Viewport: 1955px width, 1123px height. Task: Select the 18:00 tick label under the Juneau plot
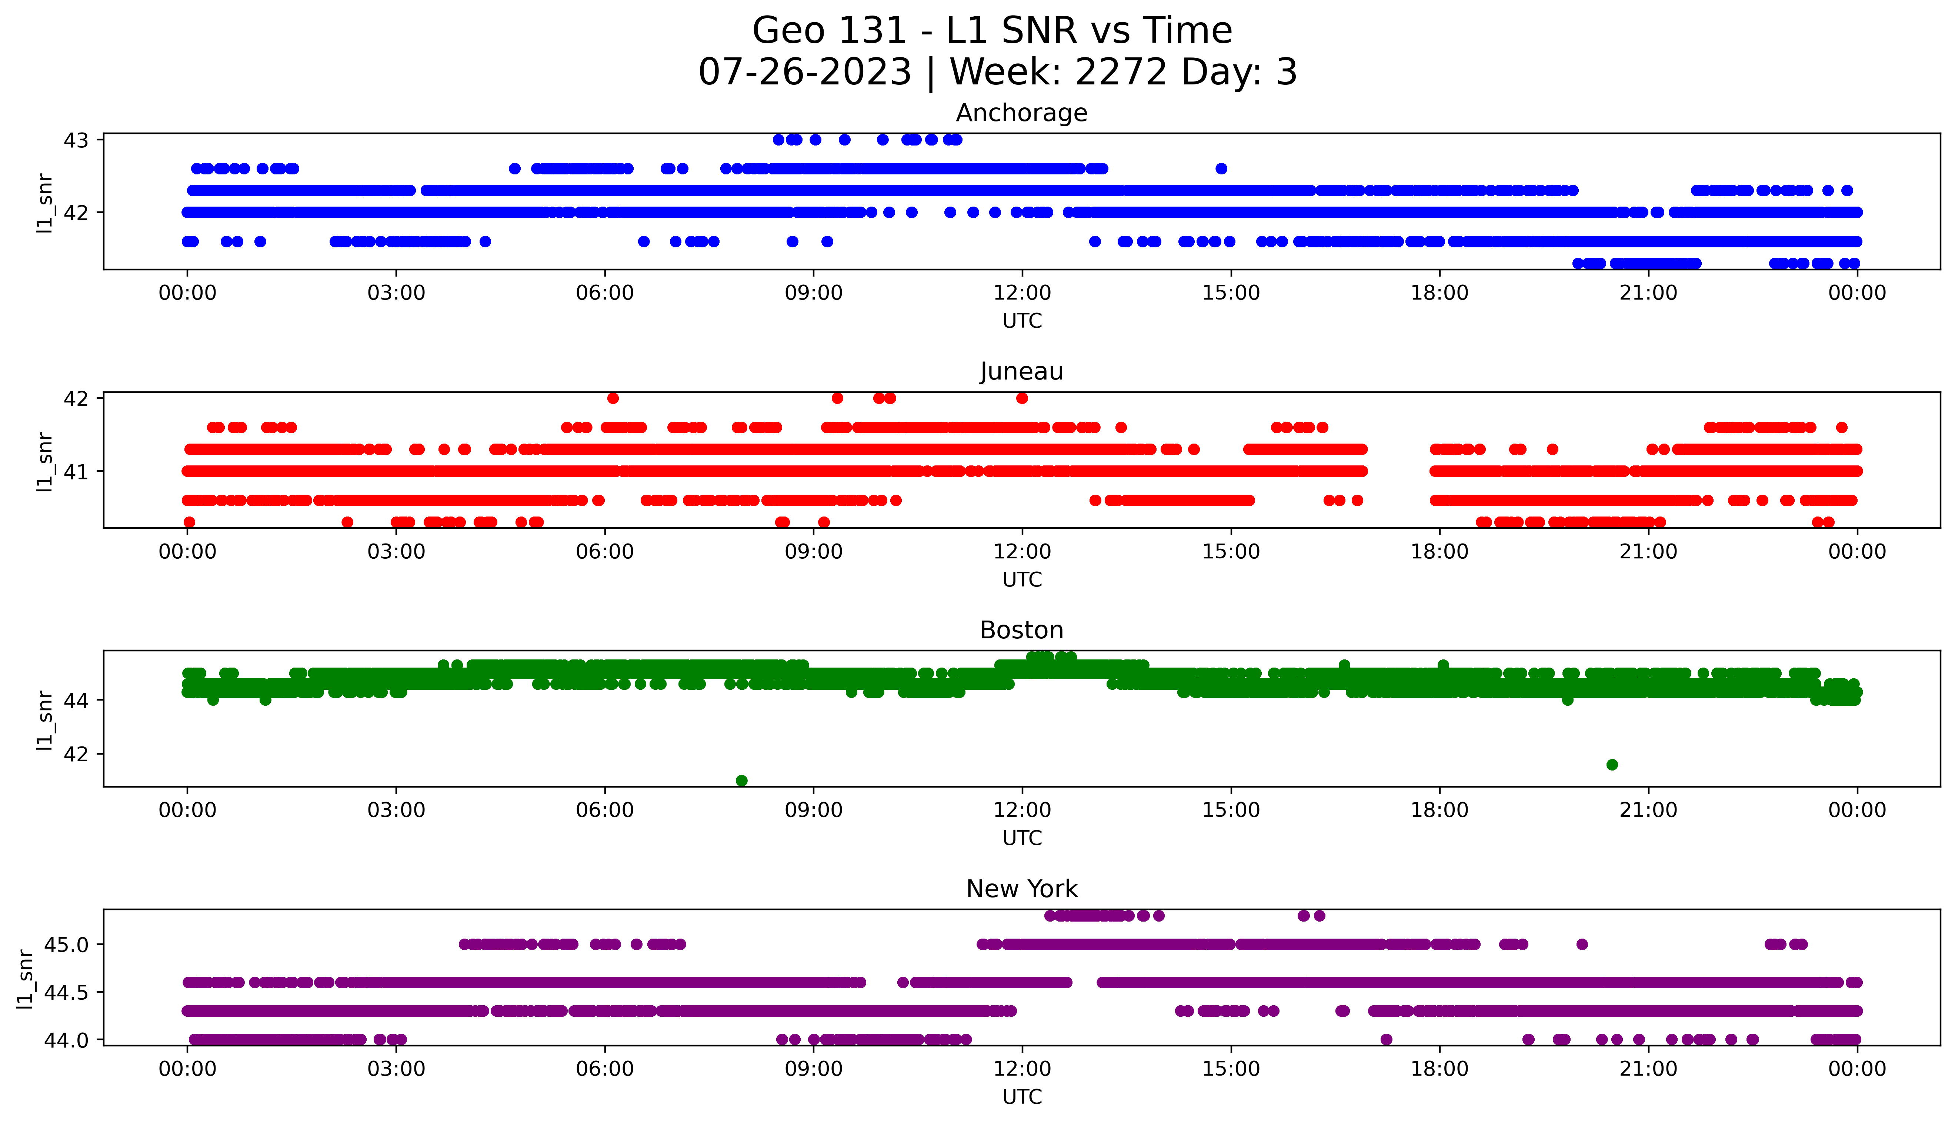pyautogui.click(x=1439, y=551)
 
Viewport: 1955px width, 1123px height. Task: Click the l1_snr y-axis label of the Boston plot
pyautogui.click(x=45, y=720)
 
